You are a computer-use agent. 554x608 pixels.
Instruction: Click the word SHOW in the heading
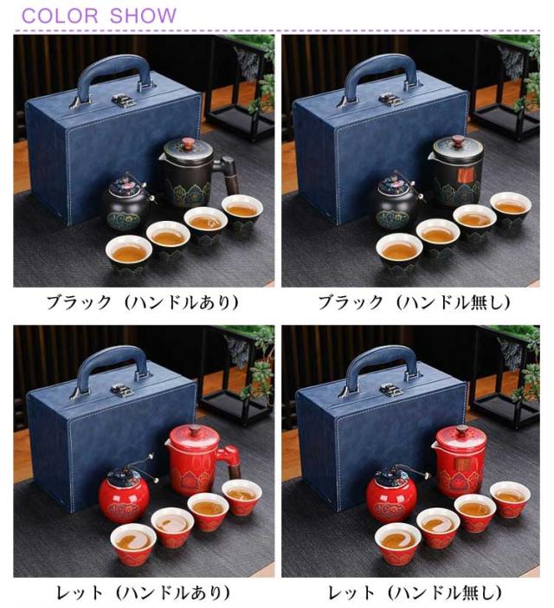143,16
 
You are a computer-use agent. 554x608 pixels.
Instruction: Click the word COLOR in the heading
60,16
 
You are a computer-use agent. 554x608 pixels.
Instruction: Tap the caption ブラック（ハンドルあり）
143,302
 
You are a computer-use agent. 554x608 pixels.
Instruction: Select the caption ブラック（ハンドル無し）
414,302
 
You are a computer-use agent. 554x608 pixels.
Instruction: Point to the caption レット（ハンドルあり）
143,593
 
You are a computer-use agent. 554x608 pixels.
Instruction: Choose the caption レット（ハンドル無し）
415,593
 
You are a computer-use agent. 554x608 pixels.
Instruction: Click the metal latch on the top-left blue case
125,100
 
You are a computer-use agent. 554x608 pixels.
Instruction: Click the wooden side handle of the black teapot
231,177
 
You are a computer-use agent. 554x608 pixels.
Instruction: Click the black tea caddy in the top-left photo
126,204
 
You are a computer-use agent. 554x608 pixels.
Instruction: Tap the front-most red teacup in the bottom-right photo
398,542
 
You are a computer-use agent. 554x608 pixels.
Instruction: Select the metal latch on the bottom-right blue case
391,389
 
